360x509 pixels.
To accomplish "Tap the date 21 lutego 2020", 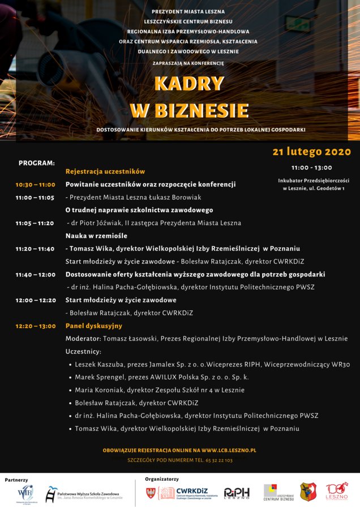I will coord(311,152).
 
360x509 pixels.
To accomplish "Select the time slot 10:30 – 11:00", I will coord(35,184).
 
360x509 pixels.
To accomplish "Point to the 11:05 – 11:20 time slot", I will coord(35,223).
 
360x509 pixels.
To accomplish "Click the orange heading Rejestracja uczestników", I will coord(105,171).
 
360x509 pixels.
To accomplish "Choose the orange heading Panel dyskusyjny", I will coord(94,326).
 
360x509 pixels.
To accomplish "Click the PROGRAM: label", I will coord(37,163).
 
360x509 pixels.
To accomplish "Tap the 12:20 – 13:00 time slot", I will coord(35,326).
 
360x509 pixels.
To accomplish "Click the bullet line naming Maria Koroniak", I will coord(160,390).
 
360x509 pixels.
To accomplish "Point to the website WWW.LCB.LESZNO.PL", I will coord(229,450).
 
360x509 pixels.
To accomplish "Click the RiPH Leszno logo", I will coord(237,493).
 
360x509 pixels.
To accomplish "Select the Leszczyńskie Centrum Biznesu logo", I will coord(278,493).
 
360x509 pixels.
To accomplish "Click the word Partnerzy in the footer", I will coord(16,480).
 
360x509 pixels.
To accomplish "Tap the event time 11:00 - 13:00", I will coord(312,167).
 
